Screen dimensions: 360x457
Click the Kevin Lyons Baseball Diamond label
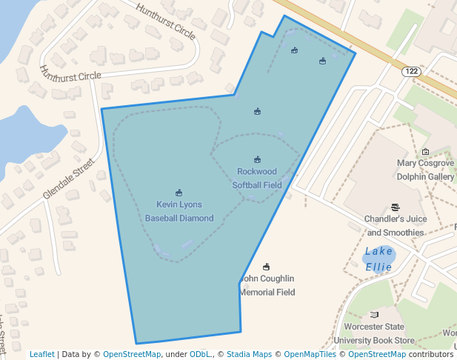[179, 211]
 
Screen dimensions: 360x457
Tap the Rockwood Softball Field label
[257, 179]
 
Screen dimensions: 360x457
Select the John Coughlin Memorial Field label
[267, 285]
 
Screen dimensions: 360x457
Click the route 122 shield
[412, 71]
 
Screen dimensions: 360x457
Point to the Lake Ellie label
[378, 259]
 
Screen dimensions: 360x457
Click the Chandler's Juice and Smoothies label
[394, 226]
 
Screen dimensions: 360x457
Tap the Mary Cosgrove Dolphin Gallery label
[425, 170]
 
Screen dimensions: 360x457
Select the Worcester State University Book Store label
[374, 333]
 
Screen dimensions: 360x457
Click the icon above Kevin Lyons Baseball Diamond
[179, 193]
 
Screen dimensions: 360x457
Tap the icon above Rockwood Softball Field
[257, 159]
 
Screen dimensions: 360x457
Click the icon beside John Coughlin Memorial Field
[267, 267]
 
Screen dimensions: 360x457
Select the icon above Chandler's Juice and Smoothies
[395, 208]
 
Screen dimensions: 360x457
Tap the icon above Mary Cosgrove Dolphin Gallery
[425, 151]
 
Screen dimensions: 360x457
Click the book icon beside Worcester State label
[374, 315]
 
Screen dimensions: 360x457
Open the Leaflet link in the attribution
[42, 354]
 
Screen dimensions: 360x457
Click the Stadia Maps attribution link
[250, 354]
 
